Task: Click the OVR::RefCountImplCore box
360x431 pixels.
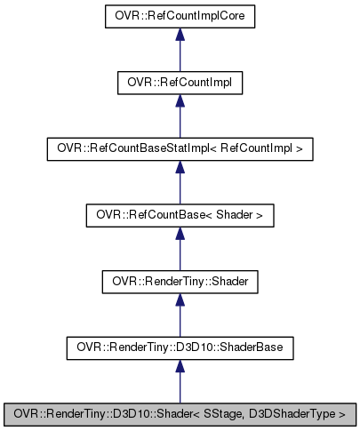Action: pyautogui.click(x=180, y=17)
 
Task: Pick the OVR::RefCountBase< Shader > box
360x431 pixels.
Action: pyautogui.click(x=180, y=214)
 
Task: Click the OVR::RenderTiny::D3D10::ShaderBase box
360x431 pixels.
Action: pyautogui.click(x=180, y=347)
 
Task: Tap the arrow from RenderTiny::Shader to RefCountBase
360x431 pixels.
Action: pyautogui.click(x=180, y=247)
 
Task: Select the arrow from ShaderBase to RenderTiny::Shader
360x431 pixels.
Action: pyautogui.click(x=180, y=314)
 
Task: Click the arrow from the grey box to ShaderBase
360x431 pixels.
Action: pyautogui.click(x=180, y=379)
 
